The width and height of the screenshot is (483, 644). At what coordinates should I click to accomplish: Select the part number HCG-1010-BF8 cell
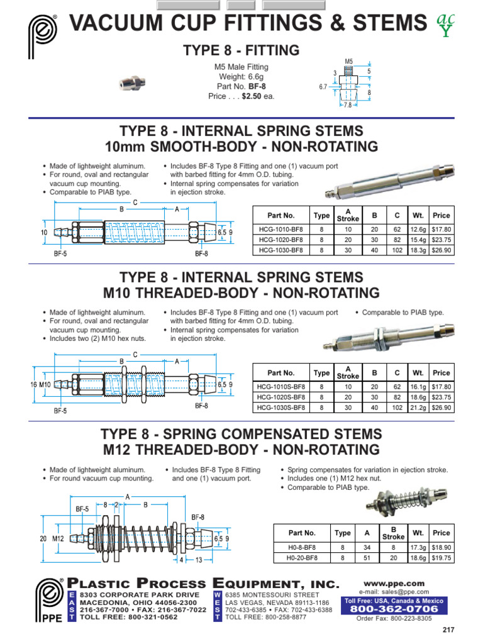pyautogui.click(x=280, y=229)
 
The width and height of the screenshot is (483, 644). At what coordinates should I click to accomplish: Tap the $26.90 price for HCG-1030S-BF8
pyautogui.click(x=441, y=408)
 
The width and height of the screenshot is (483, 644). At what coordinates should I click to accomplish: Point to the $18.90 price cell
pyautogui.click(x=441, y=548)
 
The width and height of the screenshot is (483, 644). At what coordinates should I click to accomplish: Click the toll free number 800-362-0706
pyautogui.click(x=395, y=609)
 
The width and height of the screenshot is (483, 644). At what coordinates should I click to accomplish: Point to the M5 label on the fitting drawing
pyautogui.click(x=349, y=62)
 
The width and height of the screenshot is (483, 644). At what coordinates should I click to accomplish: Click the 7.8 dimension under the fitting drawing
pyautogui.click(x=348, y=106)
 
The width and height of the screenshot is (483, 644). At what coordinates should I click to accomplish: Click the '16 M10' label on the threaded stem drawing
pyautogui.click(x=40, y=384)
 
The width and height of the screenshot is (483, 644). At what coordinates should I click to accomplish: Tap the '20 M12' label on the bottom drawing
pyautogui.click(x=50, y=538)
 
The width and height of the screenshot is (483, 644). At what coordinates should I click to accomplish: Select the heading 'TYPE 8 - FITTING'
pyautogui.click(x=241, y=50)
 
